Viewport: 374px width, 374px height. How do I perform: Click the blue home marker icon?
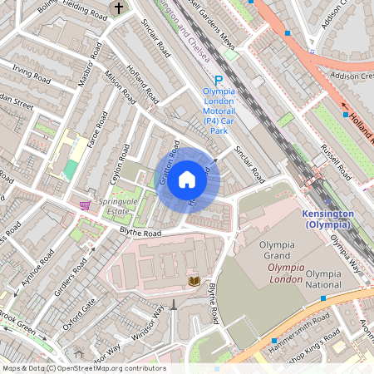187,180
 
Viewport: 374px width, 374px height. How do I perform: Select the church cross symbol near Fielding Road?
119,8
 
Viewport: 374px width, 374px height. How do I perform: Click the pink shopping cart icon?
85,204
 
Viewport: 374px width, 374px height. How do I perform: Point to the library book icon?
195,283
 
